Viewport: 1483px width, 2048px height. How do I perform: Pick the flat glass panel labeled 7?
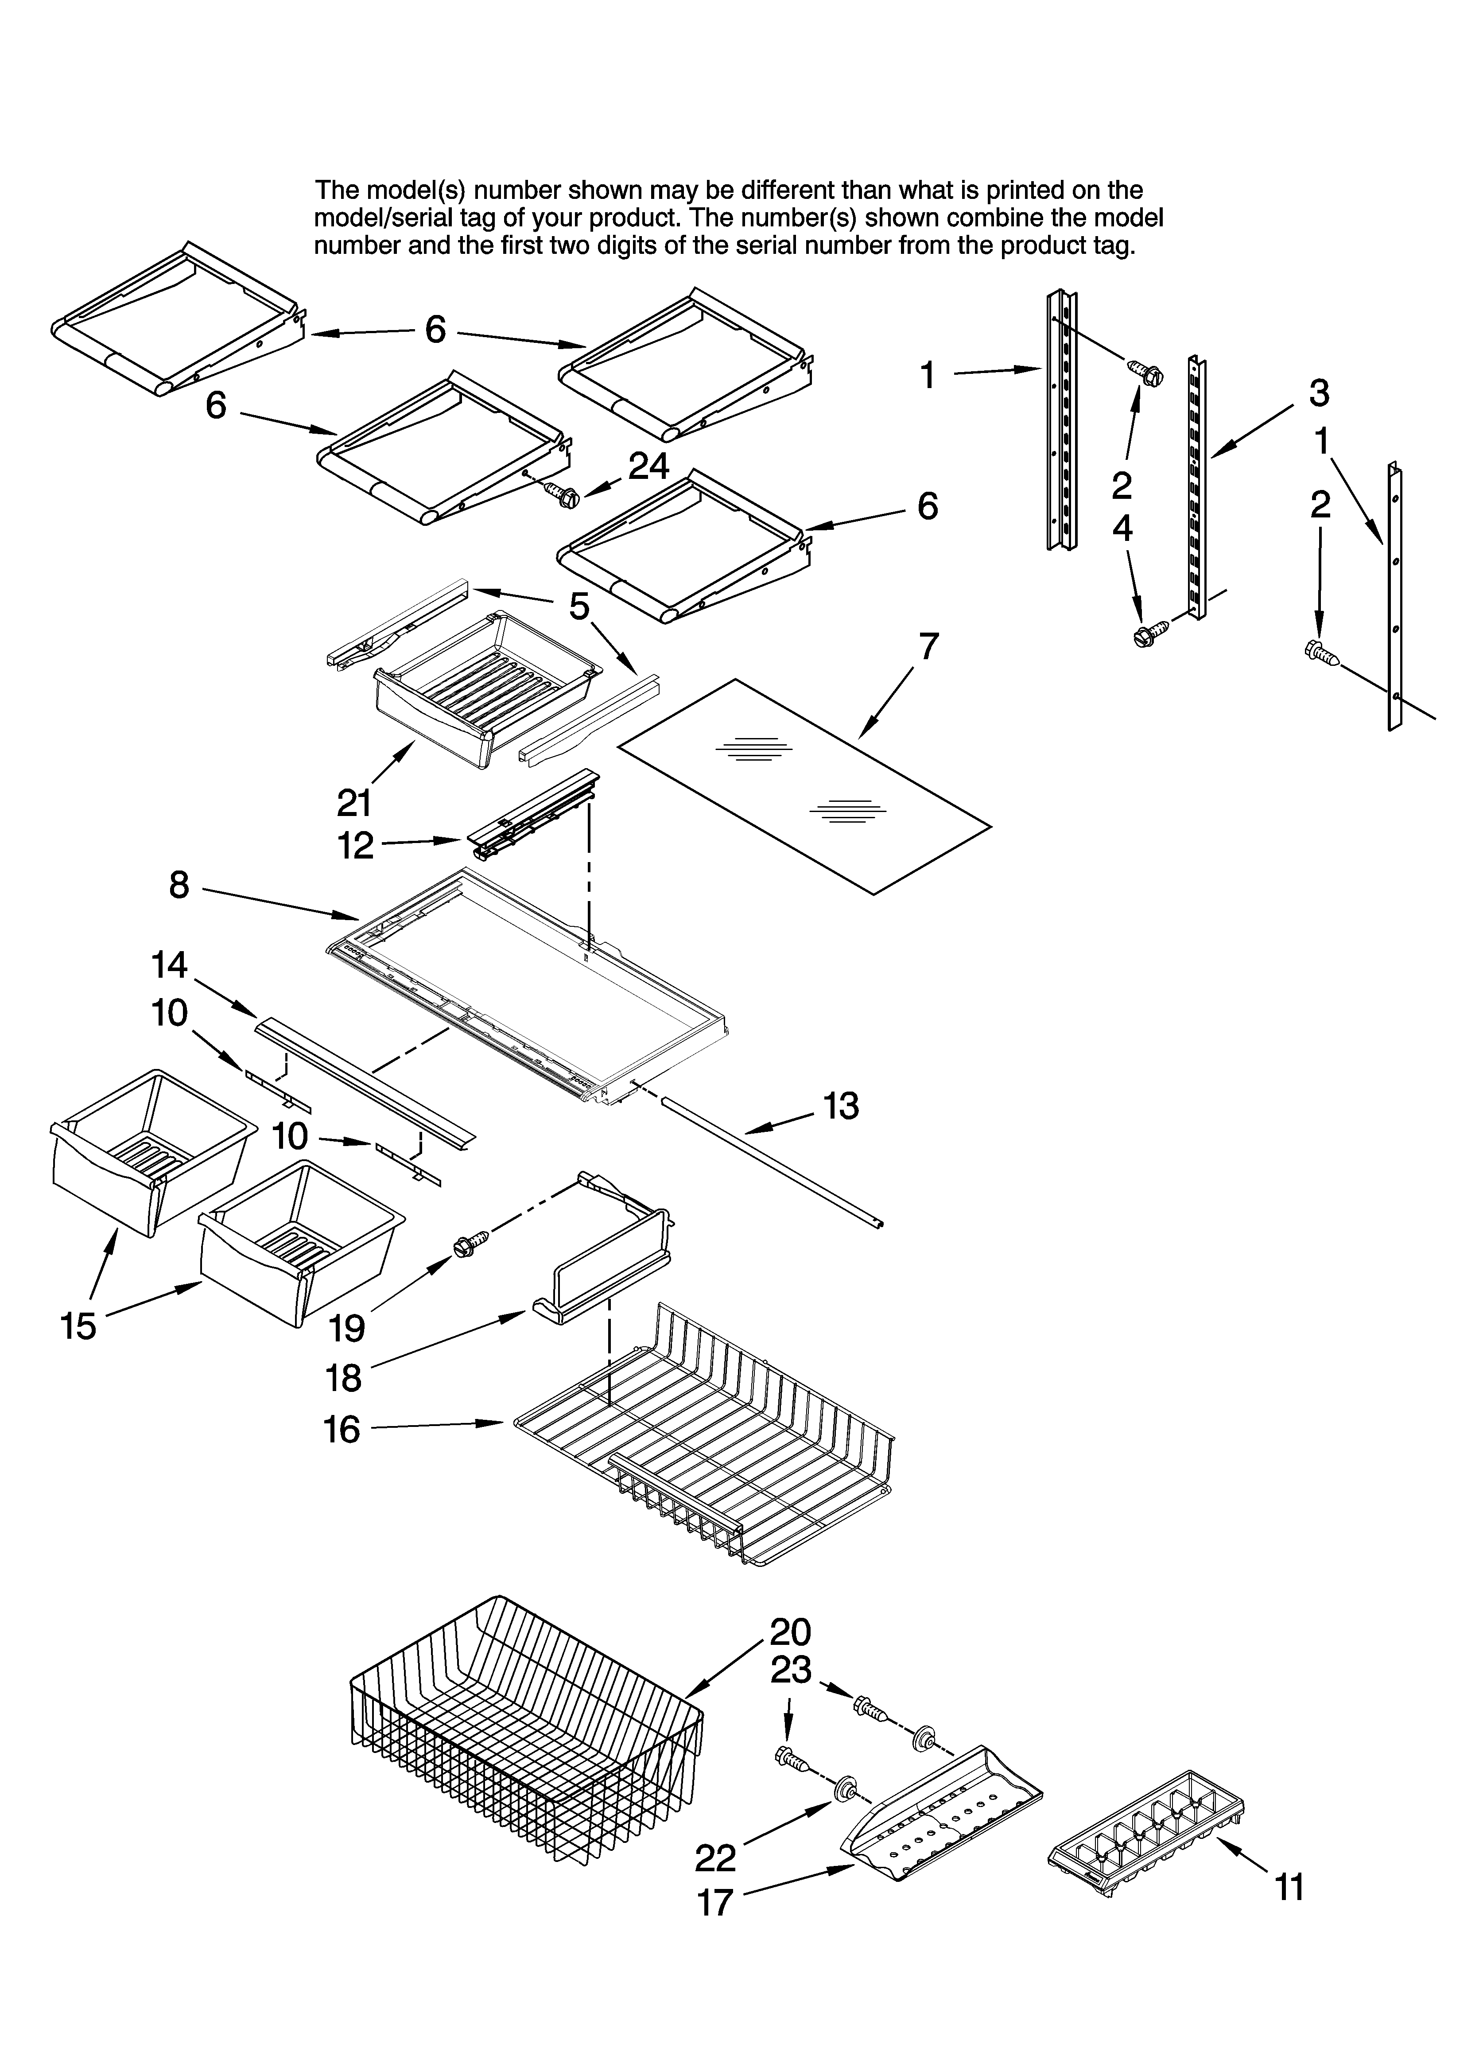tap(804, 785)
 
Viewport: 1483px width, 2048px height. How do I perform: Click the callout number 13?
tap(841, 1106)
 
